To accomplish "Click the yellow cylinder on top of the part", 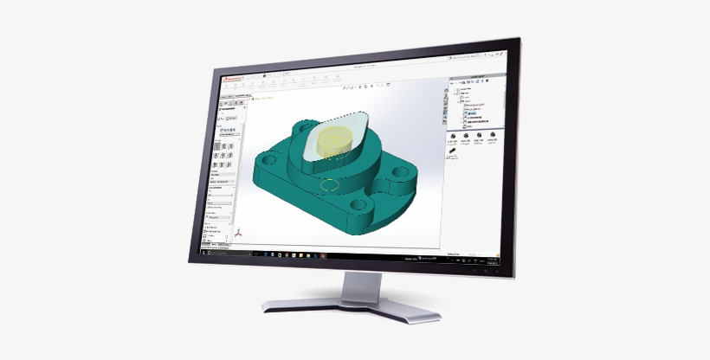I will pos(334,141).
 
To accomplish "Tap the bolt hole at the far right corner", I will pos(399,173).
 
